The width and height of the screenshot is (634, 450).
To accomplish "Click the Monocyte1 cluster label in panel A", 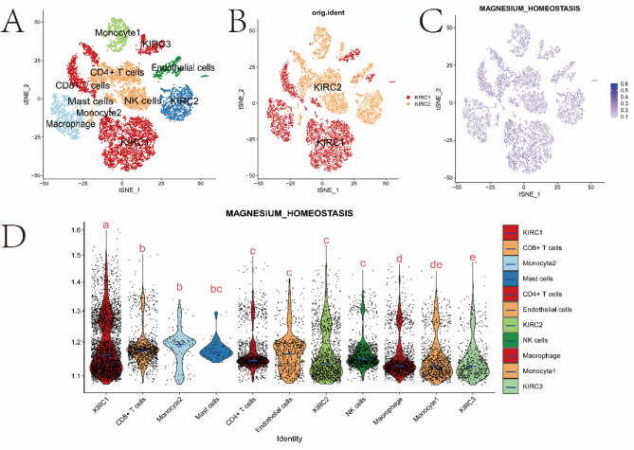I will pyautogui.click(x=118, y=33).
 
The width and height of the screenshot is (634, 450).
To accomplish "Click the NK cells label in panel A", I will pyautogui.click(x=145, y=99).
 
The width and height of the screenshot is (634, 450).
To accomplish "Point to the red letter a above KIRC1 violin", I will pyautogui.click(x=106, y=225).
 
